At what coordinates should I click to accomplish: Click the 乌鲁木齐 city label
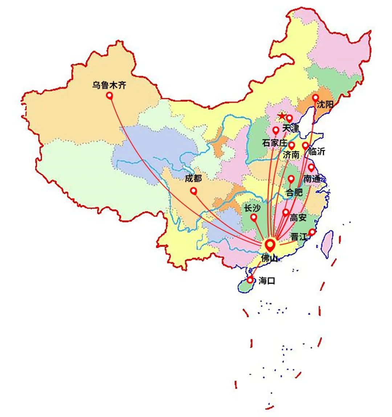(x=109, y=86)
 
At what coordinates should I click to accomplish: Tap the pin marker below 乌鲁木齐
(x=109, y=95)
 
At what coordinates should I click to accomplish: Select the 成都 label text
(x=193, y=178)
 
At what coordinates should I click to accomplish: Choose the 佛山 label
(x=269, y=258)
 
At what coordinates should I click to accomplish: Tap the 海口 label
(x=267, y=281)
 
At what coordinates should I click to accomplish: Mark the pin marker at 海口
(x=250, y=279)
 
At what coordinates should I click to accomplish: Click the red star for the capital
(x=282, y=116)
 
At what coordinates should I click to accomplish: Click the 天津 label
(x=290, y=128)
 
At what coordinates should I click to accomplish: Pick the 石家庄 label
(x=274, y=143)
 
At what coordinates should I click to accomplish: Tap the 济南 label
(x=291, y=155)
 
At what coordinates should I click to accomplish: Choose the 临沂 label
(x=317, y=151)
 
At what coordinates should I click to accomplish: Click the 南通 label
(x=312, y=179)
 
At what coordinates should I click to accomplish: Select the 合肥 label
(x=294, y=192)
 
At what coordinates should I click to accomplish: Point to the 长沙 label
(x=252, y=208)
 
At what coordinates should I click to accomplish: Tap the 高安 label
(x=298, y=217)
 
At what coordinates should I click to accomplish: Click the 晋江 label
(x=299, y=237)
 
